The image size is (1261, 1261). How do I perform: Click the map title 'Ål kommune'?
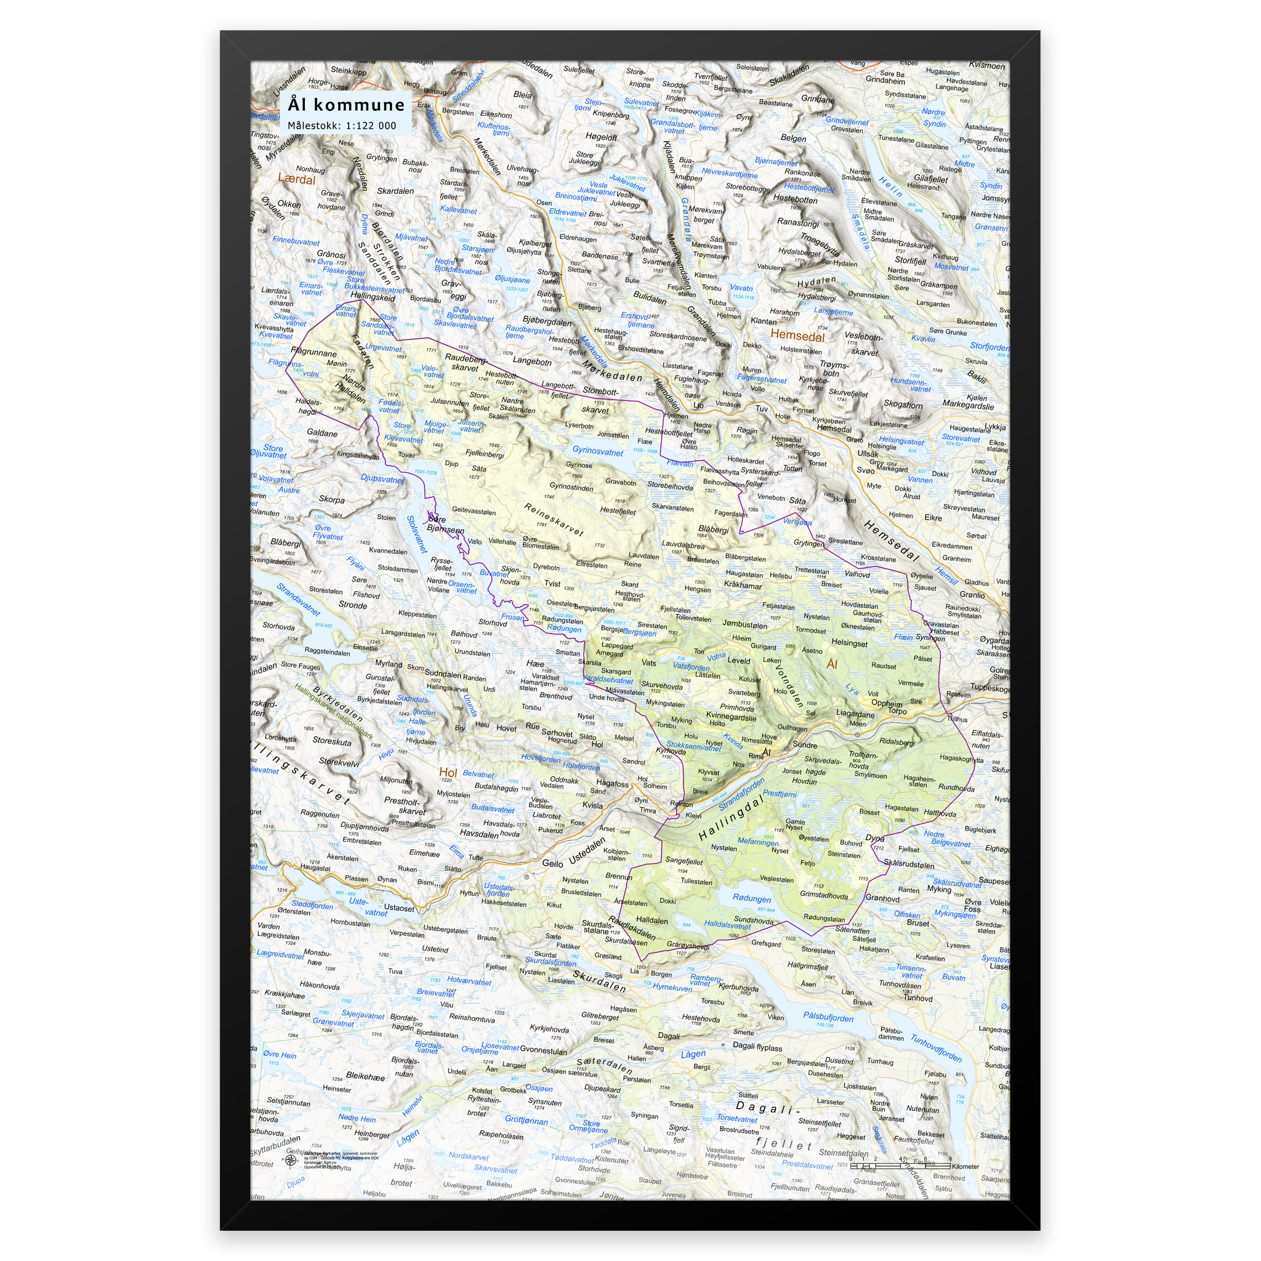click(346, 105)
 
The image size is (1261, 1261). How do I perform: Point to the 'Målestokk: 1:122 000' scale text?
click(341, 126)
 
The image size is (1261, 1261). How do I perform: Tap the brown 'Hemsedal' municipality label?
click(797, 336)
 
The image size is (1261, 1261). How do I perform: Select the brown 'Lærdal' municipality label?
click(296, 179)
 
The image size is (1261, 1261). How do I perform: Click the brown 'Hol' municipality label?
click(448, 772)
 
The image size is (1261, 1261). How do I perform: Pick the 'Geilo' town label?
click(553, 863)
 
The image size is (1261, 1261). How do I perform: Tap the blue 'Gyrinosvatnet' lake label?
click(597, 451)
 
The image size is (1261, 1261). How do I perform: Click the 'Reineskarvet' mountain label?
click(554, 520)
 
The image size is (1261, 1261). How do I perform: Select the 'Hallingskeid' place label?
click(373, 297)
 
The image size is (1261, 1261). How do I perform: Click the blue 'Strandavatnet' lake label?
click(298, 599)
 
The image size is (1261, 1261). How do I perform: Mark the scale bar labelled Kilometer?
click(900, 1165)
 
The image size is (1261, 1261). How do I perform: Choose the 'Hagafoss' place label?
click(612, 783)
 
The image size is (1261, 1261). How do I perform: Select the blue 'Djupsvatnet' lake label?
click(382, 478)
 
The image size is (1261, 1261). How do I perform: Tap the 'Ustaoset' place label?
click(399, 908)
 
